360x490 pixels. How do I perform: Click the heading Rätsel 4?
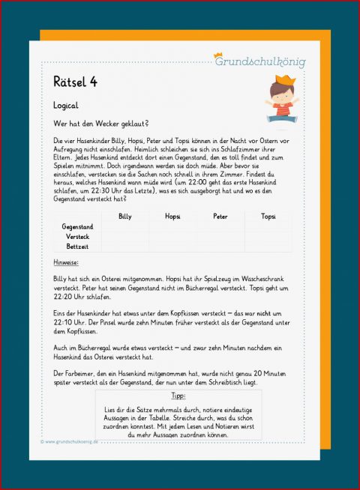coord(75,81)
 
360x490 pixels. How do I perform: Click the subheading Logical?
coord(66,106)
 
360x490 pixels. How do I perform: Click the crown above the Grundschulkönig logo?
coord(219,54)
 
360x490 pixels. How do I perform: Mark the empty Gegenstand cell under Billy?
coord(124,226)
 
